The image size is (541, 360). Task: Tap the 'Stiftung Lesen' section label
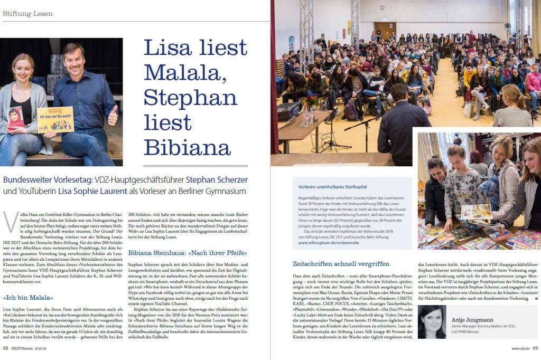[24, 13]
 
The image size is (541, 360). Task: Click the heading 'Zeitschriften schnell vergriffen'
[341, 263]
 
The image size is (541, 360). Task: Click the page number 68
[5, 348]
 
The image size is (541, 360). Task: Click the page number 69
[535, 348]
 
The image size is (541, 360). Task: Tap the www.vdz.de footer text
[520, 348]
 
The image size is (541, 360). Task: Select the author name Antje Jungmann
[473, 320]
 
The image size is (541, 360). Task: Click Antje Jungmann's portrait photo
[432, 321]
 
